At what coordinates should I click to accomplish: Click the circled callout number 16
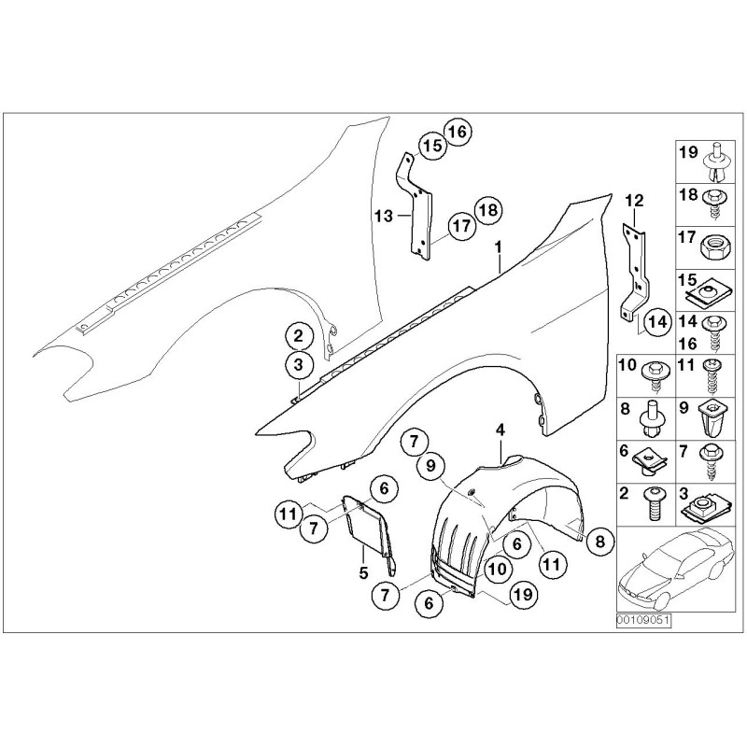coord(458,131)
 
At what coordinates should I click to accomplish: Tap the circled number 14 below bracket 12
coord(656,320)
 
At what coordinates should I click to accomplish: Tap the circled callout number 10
coord(497,567)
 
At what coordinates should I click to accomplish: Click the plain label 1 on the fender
coord(500,246)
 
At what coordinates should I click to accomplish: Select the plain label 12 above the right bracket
coord(634,200)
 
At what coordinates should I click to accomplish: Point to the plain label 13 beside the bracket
coord(381,216)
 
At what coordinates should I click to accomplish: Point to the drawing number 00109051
coord(643,619)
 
